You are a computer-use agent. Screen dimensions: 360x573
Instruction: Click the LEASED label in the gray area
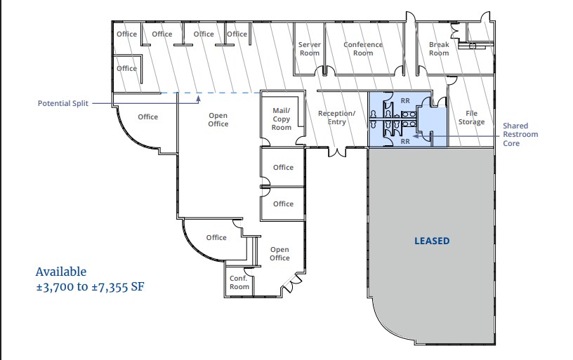click(x=431, y=241)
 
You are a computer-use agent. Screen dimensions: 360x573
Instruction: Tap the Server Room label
click(x=309, y=48)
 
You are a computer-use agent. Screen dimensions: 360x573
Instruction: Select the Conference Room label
click(x=363, y=48)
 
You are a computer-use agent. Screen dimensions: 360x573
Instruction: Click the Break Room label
click(x=439, y=48)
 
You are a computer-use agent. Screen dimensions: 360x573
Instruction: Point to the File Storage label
click(x=471, y=117)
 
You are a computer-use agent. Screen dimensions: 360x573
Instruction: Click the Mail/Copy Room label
click(x=282, y=119)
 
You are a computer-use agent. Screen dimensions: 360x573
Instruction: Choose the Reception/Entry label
click(x=336, y=117)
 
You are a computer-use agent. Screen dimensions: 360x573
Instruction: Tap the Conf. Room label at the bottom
click(x=239, y=281)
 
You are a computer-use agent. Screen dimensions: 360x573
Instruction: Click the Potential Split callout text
click(x=64, y=103)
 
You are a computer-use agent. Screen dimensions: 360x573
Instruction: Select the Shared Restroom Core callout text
click(x=520, y=135)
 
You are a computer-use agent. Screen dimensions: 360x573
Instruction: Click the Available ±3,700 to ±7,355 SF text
click(x=90, y=279)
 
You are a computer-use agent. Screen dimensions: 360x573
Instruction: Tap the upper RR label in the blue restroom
click(x=404, y=100)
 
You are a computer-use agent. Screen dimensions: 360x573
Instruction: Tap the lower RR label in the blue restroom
click(x=404, y=141)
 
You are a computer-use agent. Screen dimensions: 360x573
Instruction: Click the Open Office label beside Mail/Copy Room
click(x=218, y=119)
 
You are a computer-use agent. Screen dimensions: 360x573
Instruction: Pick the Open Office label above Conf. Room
click(x=279, y=253)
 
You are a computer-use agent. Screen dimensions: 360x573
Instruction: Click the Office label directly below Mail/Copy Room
click(x=283, y=167)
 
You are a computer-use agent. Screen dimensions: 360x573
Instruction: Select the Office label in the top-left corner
click(x=126, y=34)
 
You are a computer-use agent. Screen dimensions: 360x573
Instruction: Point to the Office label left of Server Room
click(x=237, y=34)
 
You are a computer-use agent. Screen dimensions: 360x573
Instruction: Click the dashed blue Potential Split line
click(x=211, y=93)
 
